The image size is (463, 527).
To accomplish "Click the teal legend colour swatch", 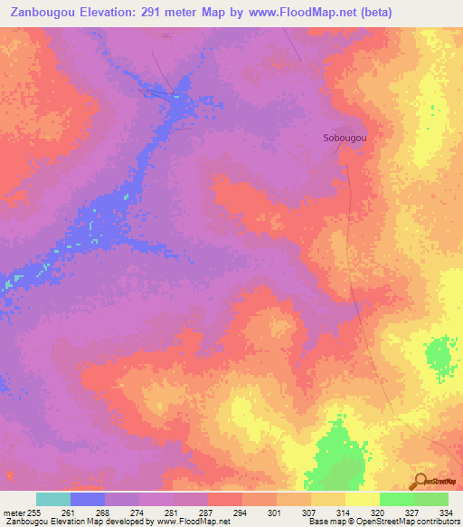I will (x=52, y=499).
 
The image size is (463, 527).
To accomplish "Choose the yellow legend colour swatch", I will (x=362, y=499).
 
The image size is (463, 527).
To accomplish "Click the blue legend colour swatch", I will (x=87, y=499).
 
